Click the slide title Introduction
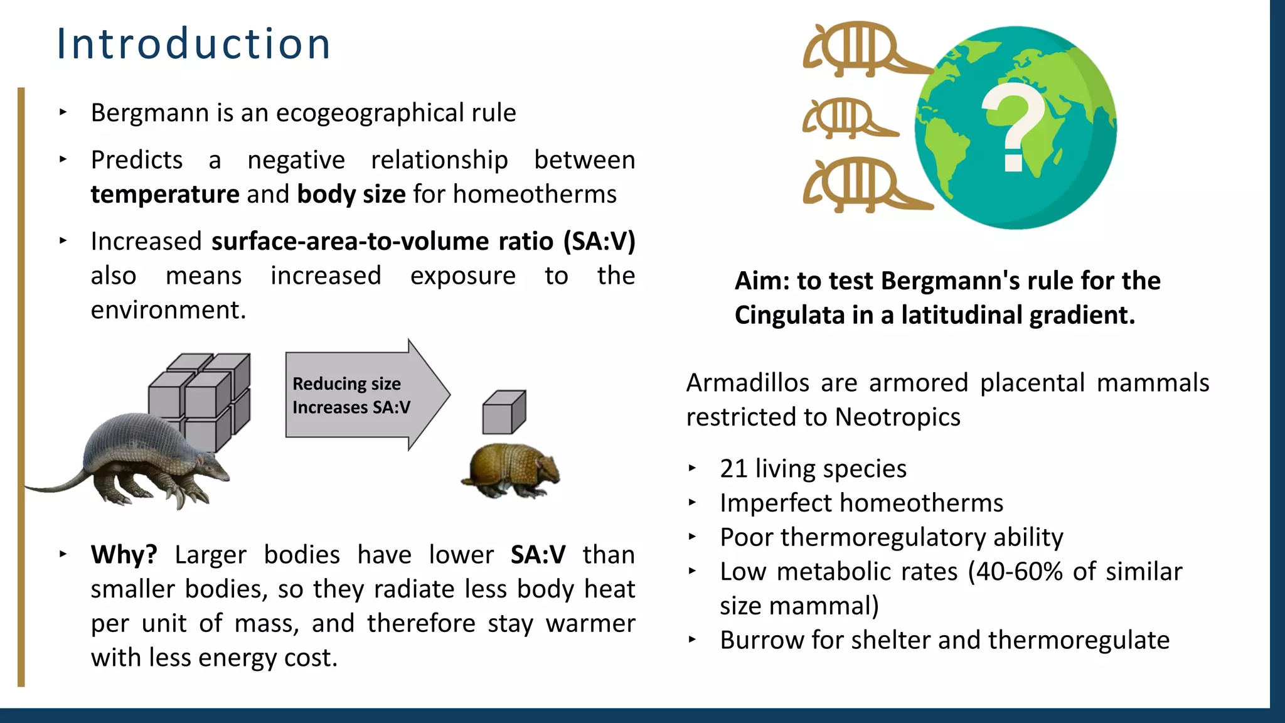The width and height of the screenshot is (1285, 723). (193, 44)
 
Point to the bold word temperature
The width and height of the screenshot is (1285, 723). (164, 195)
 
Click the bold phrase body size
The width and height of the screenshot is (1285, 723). (351, 195)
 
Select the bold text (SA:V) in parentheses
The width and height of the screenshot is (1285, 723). (599, 242)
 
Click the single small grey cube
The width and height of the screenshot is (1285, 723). (503, 412)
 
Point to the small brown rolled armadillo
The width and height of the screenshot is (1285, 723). (511, 471)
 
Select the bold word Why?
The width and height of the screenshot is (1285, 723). (124, 555)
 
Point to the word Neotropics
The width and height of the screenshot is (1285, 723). (897, 417)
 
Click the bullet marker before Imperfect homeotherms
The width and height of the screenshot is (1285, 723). (692, 502)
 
